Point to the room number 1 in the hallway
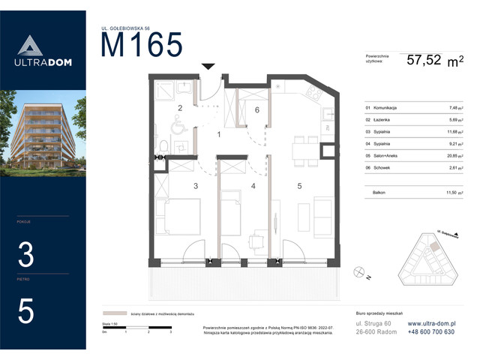(x=219, y=135)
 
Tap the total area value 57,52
(x=424, y=61)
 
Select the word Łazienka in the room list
(x=375, y=119)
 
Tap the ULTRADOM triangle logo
(x=43, y=46)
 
